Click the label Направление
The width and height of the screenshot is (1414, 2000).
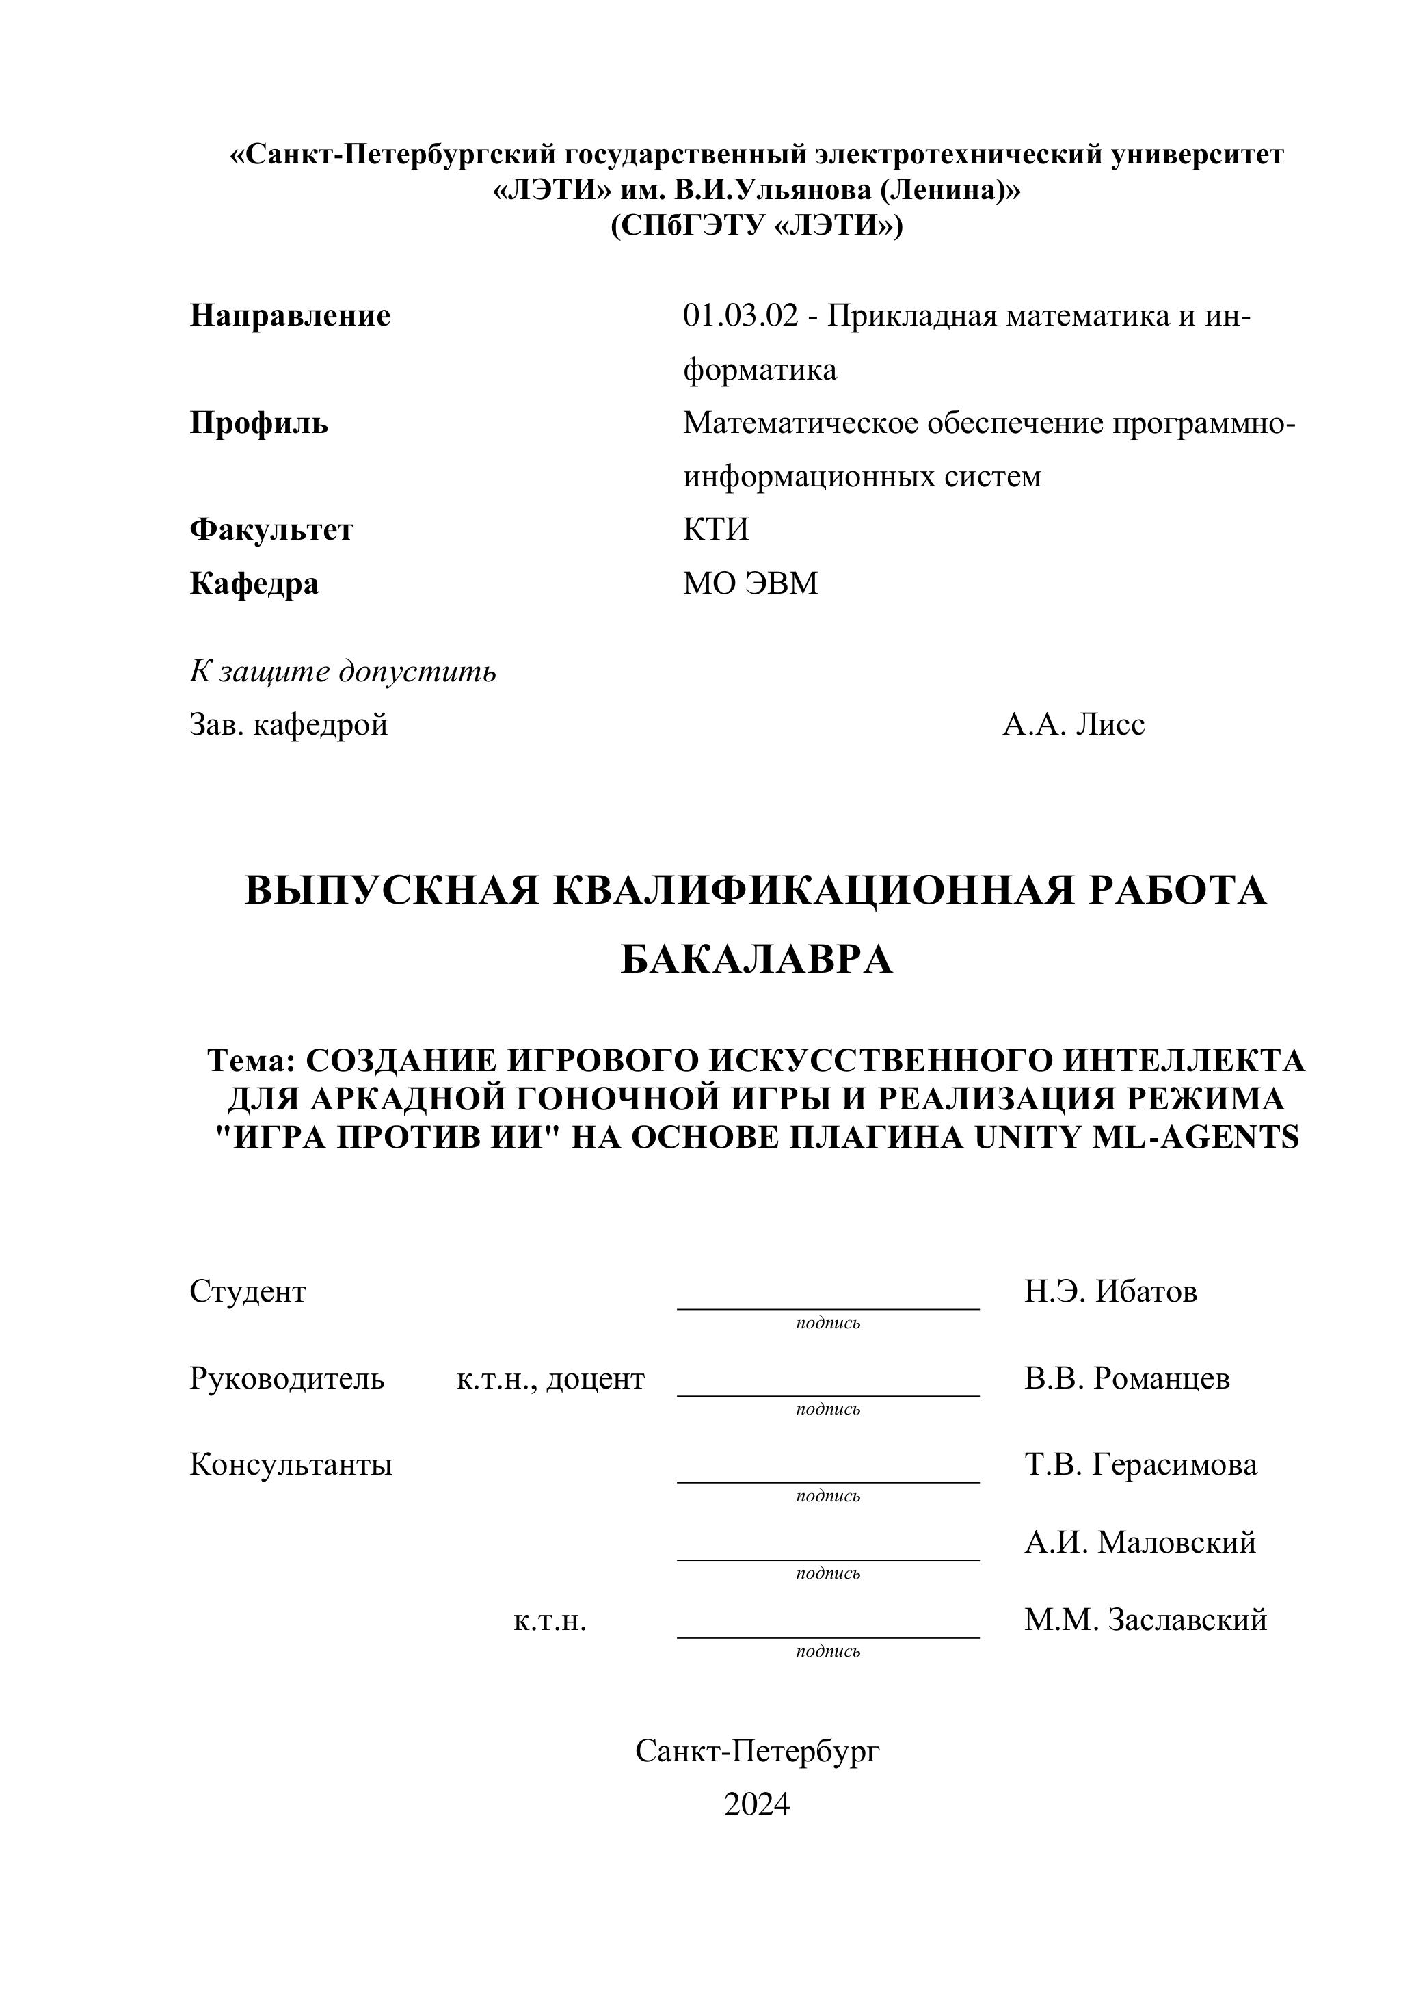[x=290, y=315]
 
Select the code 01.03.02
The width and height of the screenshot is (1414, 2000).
[x=740, y=315]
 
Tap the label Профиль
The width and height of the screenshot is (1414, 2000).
[x=258, y=423]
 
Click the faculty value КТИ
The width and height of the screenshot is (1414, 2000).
[x=716, y=529]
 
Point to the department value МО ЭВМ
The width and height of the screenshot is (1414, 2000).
[x=751, y=583]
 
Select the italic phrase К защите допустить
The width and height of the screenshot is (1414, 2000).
[x=343, y=671]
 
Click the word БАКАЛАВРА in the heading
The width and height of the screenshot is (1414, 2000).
[x=757, y=960]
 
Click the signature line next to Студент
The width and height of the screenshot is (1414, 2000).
[x=828, y=1306]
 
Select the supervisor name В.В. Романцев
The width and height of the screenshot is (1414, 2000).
[x=1127, y=1378]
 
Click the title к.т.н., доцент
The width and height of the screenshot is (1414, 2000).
[x=550, y=1378]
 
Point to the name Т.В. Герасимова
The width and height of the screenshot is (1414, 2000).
[x=1140, y=1464]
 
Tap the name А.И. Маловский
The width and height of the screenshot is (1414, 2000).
[x=1140, y=1542]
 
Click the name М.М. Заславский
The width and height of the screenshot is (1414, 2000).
[x=1145, y=1619]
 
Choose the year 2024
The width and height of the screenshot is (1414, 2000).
[x=757, y=1803]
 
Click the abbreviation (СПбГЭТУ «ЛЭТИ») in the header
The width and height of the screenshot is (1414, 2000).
[x=757, y=226]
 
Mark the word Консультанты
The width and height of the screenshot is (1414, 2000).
[x=291, y=1464]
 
